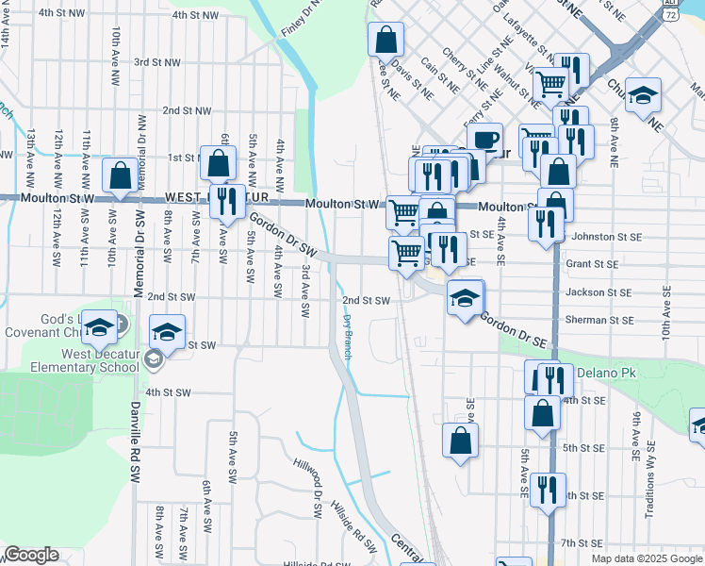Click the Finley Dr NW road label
click(x=301, y=18)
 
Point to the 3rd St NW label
click(x=157, y=62)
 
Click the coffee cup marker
click(x=484, y=140)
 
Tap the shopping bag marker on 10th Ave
click(x=120, y=175)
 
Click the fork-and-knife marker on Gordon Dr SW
click(x=227, y=202)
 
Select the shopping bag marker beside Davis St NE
click(x=385, y=40)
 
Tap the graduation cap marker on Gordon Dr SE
click(x=465, y=298)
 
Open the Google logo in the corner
click(x=31, y=555)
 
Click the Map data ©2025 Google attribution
click(x=647, y=558)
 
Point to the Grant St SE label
click(x=592, y=265)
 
